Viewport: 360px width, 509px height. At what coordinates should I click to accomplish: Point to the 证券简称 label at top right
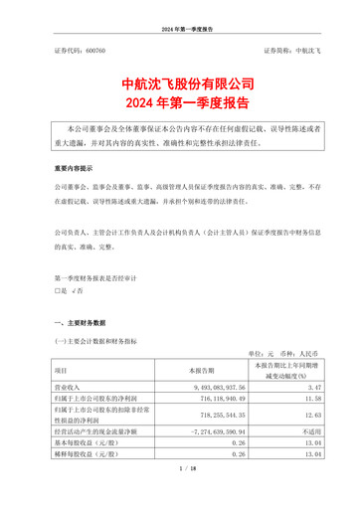coord(278,48)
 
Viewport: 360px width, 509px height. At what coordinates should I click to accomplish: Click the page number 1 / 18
coord(180,495)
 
